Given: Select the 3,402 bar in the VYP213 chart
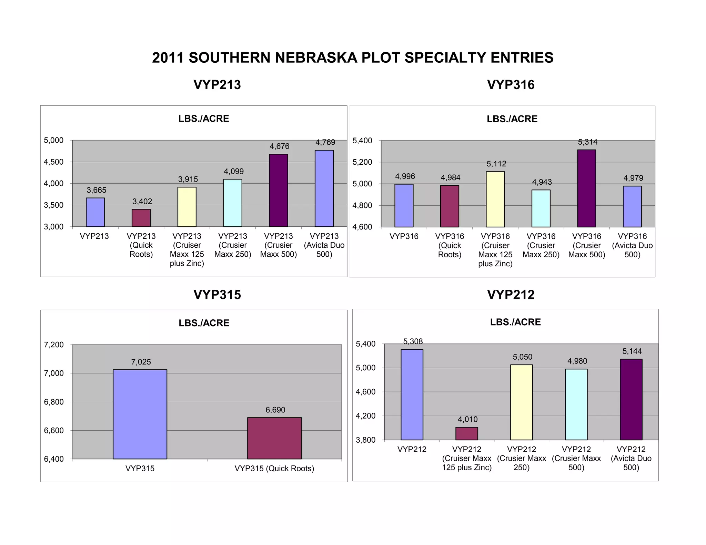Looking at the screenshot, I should point(141,218).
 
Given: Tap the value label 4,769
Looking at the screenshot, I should point(325,142).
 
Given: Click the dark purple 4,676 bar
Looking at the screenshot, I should point(278,191).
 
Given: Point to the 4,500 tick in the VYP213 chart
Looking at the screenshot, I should point(53,162).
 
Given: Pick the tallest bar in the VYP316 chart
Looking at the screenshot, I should point(586,188).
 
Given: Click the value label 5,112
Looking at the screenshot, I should point(496,164).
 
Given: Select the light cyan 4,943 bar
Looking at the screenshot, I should point(541,208).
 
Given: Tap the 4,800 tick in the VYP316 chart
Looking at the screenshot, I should point(362,205).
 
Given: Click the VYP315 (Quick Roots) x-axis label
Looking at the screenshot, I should point(274,469).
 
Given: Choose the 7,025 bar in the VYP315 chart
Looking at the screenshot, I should point(140,414).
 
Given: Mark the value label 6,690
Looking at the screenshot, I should point(275,410).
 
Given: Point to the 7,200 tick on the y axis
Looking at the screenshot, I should point(54,345).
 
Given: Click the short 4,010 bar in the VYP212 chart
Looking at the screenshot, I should point(466,434).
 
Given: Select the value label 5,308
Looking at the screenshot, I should point(413,341).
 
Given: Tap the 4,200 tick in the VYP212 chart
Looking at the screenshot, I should point(365,416).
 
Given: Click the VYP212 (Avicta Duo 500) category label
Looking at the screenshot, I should point(631,458).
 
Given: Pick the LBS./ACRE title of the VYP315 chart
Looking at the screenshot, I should point(204,323).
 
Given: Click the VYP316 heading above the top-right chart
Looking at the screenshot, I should point(511,85).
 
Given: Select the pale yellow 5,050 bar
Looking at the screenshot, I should point(521,402).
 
